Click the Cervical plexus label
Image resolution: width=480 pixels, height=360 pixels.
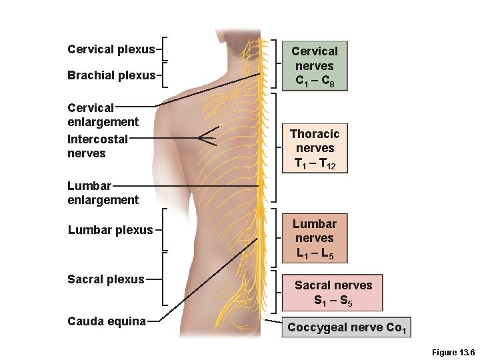pyautogui.click(x=111, y=49)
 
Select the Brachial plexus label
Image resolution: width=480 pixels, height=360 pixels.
pyautogui.click(x=111, y=75)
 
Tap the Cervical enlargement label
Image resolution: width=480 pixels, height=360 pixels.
pyautogui.click(x=103, y=114)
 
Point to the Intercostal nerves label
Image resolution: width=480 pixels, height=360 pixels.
pyautogui.click(x=97, y=146)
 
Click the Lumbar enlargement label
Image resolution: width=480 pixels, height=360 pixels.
pyautogui.click(x=103, y=193)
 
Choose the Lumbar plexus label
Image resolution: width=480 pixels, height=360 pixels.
pyautogui.click(x=110, y=230)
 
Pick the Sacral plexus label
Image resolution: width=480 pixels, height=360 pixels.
pyautogui.click(x=105, y=279)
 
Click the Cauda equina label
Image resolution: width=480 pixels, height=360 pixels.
pyautogui.click(x=106, y=321)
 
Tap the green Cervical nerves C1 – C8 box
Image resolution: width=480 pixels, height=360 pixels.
pyautogui.click(x=315, y=66)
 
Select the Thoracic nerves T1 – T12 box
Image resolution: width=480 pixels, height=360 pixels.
pyautogui.click(x=315, y=148)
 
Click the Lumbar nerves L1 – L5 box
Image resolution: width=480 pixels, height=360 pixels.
pyautogui.click(x=315, y=238)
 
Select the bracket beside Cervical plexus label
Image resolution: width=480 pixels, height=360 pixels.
pyautogui.click(x=165, y=49)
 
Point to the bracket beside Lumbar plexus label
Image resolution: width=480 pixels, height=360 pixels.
pyautogui.click(x=165, y=230)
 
